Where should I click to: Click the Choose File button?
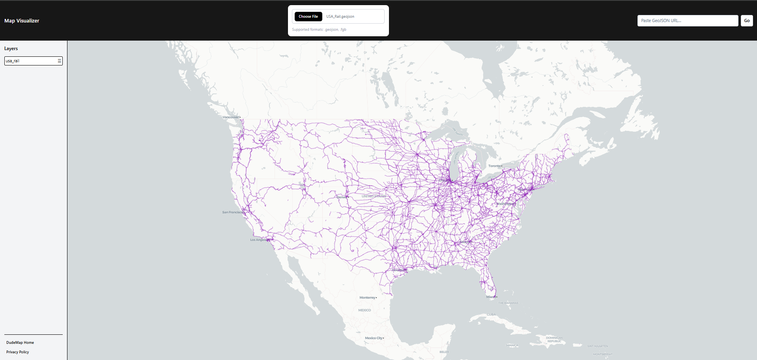click(x=308, y=17)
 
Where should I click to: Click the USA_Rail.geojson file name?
click(x=340, y=17)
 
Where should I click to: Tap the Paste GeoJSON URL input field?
click(x=687, y=21)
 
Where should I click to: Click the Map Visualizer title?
click(x=22, y=21)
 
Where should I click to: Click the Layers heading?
click(x=11, y=48)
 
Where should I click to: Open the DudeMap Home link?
click(x=20, y=343)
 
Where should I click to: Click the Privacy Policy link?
click(x=18, y=352)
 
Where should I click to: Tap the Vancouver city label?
click(x=231, y=117)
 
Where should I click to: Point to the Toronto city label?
click(x=494, y=166)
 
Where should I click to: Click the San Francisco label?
click(x=232, y=212)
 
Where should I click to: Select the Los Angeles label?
click(x=259, y=240)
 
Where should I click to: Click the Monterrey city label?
click(x=367, y=298)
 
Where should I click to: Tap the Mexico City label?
click(x=374, y=338)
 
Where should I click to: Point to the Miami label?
click(x=490, y=297)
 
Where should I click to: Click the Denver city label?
click(x=342, y=197)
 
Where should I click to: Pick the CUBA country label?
click(x=491, y=315)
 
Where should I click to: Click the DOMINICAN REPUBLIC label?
click(x=554, y=339)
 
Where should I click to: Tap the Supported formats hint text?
click(x=319, y=30)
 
